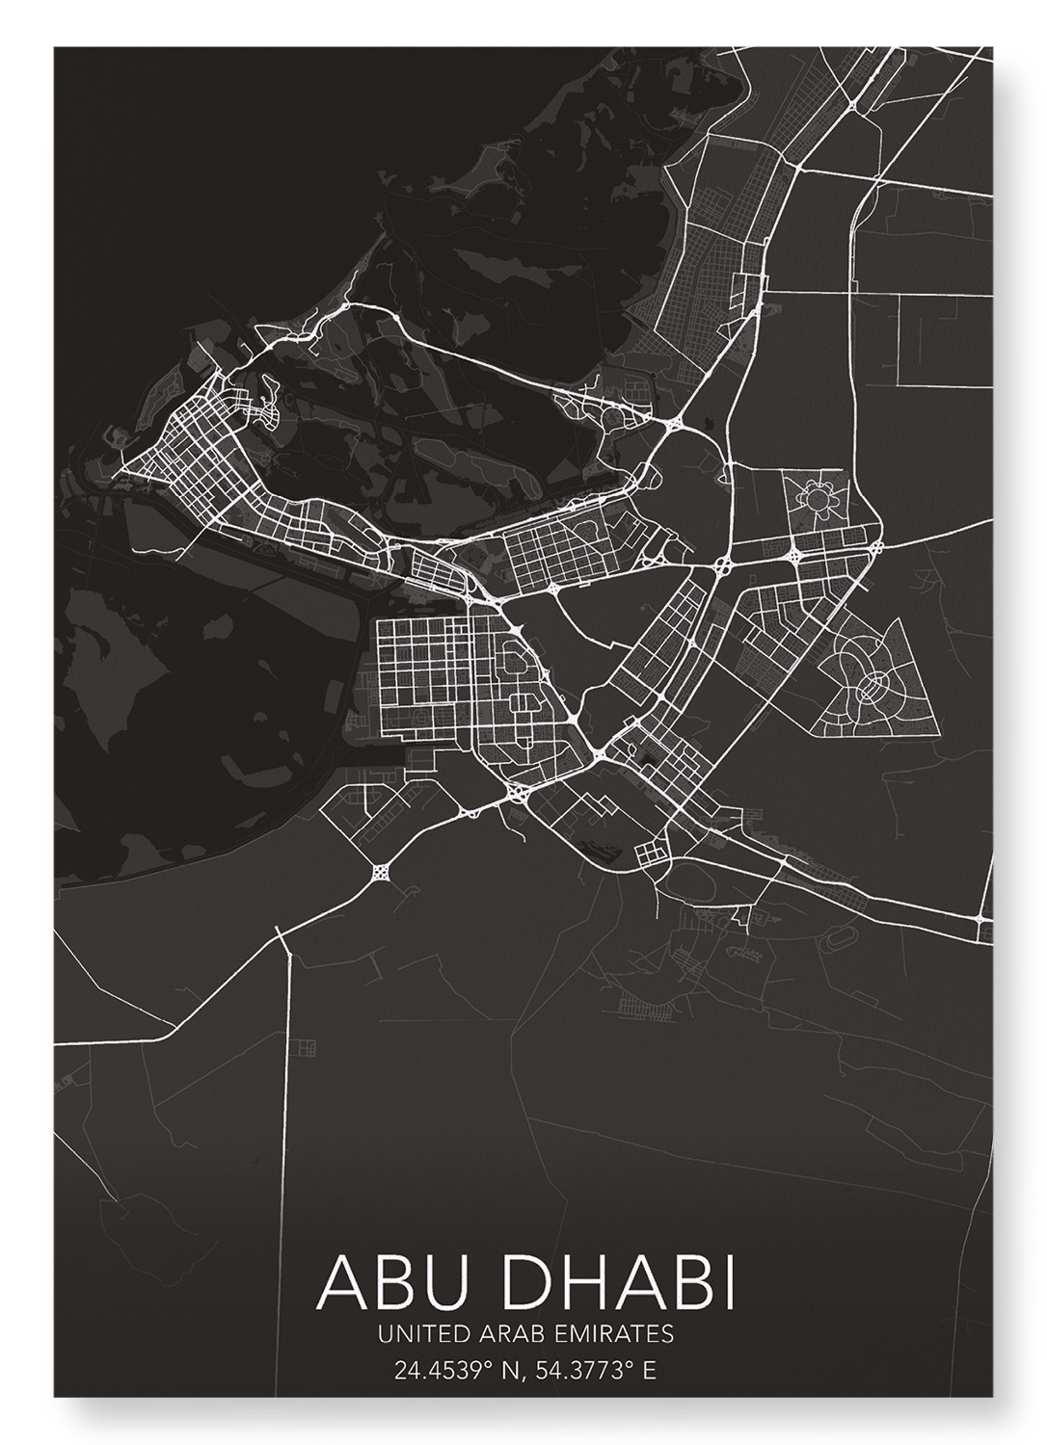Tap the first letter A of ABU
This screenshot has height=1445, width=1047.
point(334,1281)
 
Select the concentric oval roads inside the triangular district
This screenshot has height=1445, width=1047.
point(870,684)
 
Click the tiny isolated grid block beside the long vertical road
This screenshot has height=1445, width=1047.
point(308,1047)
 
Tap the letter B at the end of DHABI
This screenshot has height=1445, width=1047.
point(693,1281)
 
